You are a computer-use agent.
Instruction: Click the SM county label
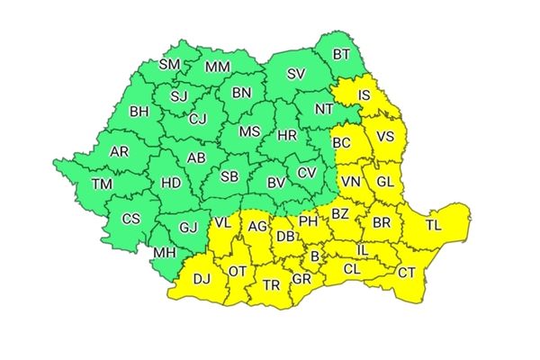point(169,65)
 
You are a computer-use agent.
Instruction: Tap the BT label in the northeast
point(342,55)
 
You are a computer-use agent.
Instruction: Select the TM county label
point(102,184)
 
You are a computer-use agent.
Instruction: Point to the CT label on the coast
point(408,273)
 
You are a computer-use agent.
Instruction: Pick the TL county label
point(434,224)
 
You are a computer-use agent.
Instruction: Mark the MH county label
point(165,253)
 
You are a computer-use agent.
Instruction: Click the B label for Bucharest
point(314,257)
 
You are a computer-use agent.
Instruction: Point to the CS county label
point(131,218)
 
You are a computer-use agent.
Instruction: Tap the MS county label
point(249,131)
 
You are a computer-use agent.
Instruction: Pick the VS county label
point(385,138)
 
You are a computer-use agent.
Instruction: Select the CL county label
point(352,268)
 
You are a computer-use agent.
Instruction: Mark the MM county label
point(217,67)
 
